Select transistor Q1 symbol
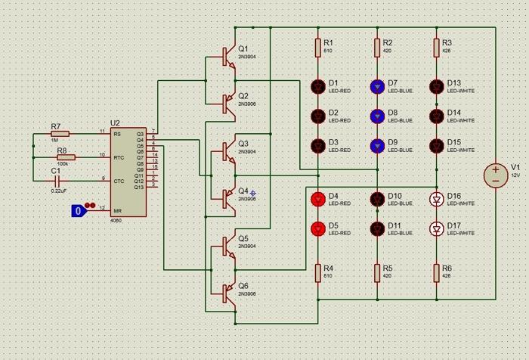pyautogui.click(x=227, y=55)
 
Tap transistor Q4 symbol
pyautogui.click(x=227, y=198)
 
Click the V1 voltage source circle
pyautogui.click(x=496, y=175)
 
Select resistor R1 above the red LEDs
pyautogui.click(x=318, y=48)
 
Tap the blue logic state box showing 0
pyautogui.click(x=77, y=211)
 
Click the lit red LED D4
pyautogui.click(x=318, y=199)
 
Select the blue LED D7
pyautogui.click(x=377, y=86)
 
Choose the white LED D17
pyautogui.click(x=436, y=228)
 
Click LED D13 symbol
pyautogui.click(x=436, y=86)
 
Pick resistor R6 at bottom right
pyautogui.click(x=436, y=273)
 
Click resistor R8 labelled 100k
pyautogui.click(x=66, y=157)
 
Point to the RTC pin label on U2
pyautogui.click(x=119, y=157)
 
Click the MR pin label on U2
pyautogui.click(x=117, y=211)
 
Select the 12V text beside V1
pyautogui.click(x=515, y=175)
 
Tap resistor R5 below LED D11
pyautogui.click(x=377, y=273)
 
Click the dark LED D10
pyautogui.click(x=377, y=199)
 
